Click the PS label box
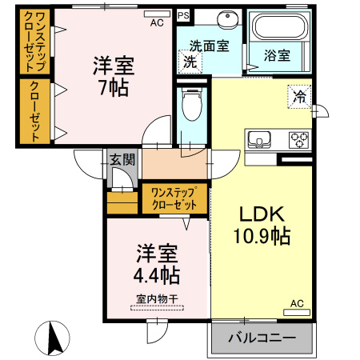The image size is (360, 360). [184, 15]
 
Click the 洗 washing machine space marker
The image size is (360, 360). [190, 61]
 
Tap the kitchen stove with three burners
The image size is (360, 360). [299, 140]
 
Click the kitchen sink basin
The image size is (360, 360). [261, 139]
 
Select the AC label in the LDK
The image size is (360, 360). [296, 303]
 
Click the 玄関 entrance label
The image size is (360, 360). [122, 160]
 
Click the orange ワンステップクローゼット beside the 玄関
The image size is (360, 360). [174, 198]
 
